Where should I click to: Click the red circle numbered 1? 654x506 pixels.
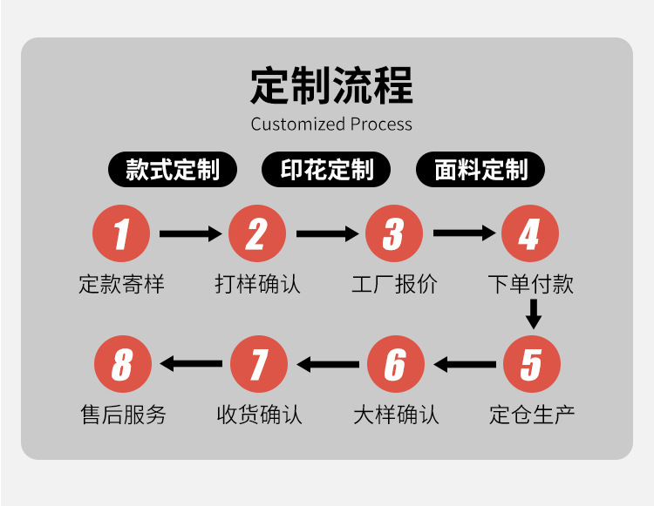pyautogui.click(x=121, y=234)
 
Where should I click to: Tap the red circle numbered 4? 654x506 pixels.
pyautogui.click(x=530, y=234)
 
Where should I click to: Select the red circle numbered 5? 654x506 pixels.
pyautogui.click(x=530, y=364)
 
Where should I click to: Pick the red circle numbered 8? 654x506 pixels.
pyautogui.click(x=121, y=364)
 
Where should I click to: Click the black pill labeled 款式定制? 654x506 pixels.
pyautogui.click(x=173, y=170)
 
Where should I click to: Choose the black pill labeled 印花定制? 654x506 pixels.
pyautogui.click(x=327, y=170)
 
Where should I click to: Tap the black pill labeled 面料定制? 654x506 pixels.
pyautogui.click(x=481, y=170)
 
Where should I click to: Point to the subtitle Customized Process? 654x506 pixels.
pyautogui.click(x=331, y=125)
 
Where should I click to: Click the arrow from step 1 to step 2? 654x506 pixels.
pyautogui.click(x=190, y=234)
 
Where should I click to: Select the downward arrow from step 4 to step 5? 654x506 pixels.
pyautogui.click(x=533, y=314)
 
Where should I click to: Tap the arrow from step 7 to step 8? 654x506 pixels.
pyautogui.click(x=191, y=364)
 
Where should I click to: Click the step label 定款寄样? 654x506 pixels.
pyautogui.click(x=121, y=284)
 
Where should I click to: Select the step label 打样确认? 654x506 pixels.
pyautogui.click(x=258, y=284)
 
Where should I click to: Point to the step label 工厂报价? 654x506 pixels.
pyautogui.click(x=394, y=284)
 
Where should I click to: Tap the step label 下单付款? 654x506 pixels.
pyautogui.click(x=530, y=284)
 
